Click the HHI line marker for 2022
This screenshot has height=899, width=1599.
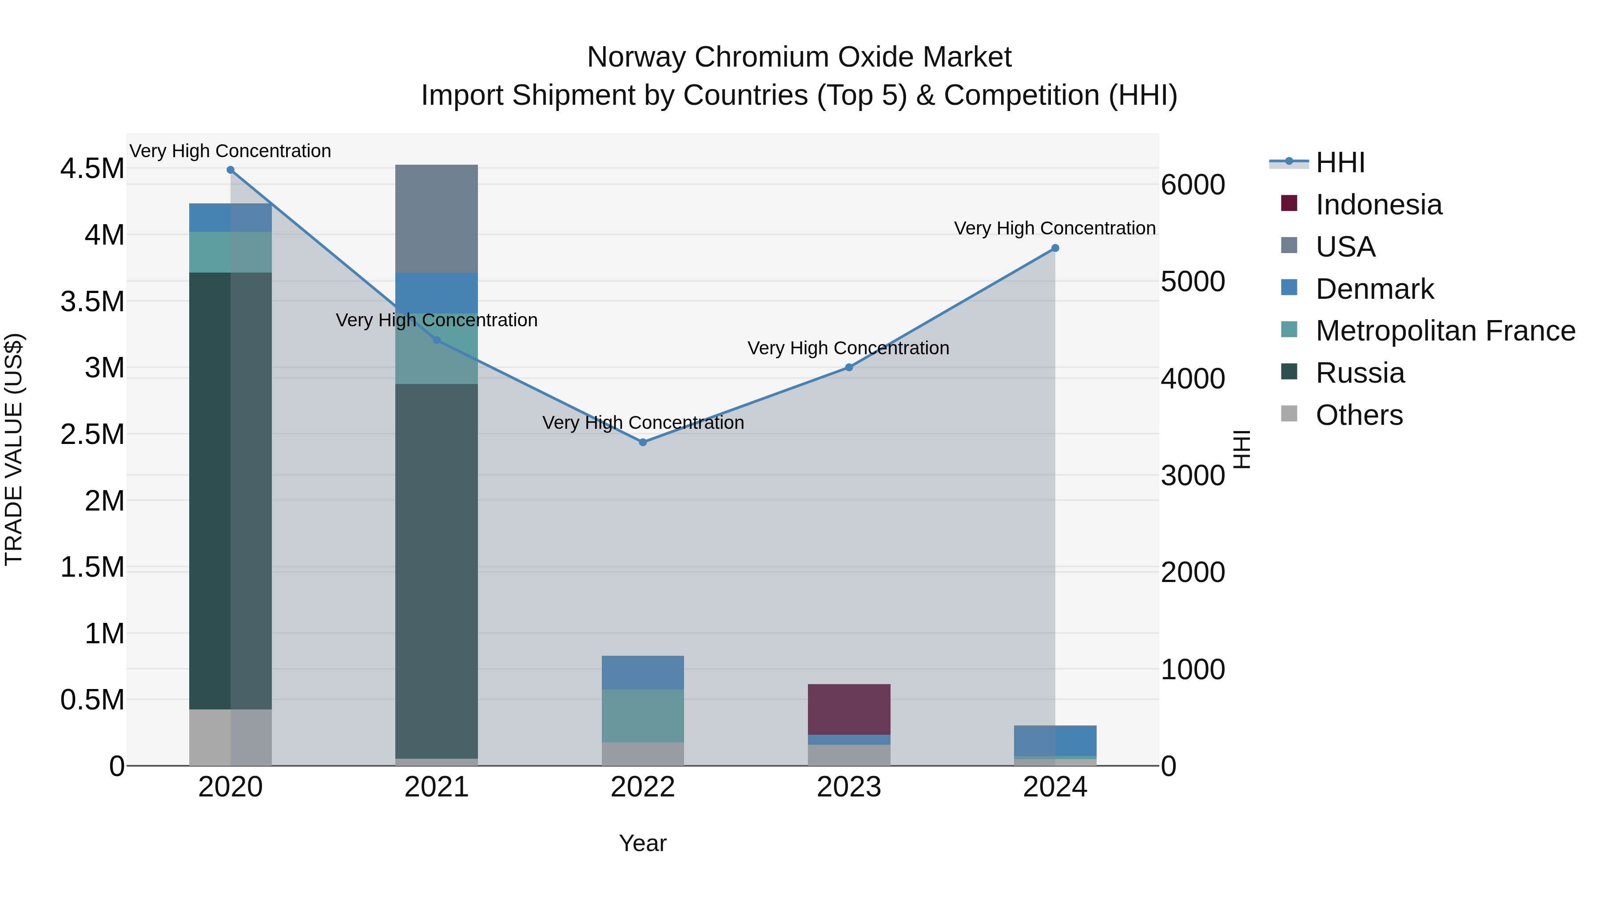click(x=642, y=442)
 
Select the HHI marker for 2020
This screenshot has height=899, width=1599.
click(x=230, y=170)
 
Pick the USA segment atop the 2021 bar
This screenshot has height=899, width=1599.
click(x=436, y=218)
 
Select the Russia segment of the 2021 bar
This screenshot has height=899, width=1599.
click(x=436, y=571)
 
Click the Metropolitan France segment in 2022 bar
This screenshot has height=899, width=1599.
click(x=642, y=715)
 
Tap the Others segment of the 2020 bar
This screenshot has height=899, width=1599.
click(x=230, y=737)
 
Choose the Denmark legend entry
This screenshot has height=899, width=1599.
click(x=1374, y=289)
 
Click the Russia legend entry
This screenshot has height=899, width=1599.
click(x=1360, y=373)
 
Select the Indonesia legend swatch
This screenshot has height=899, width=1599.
click(x=1289, y=203)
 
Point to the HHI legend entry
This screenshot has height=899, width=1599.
click(x=1340, y=162)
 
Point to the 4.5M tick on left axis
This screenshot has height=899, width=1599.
click(x=92, y=169)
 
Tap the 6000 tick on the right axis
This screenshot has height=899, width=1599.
click(x=1193, y=185)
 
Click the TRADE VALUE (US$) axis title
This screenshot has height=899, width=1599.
click(x=14, y=449)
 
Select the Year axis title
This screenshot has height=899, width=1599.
click(x=642, y=843)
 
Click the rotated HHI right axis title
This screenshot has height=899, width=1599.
click(x=1241, y=449)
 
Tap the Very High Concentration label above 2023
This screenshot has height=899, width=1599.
click(x=848, y=348)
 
